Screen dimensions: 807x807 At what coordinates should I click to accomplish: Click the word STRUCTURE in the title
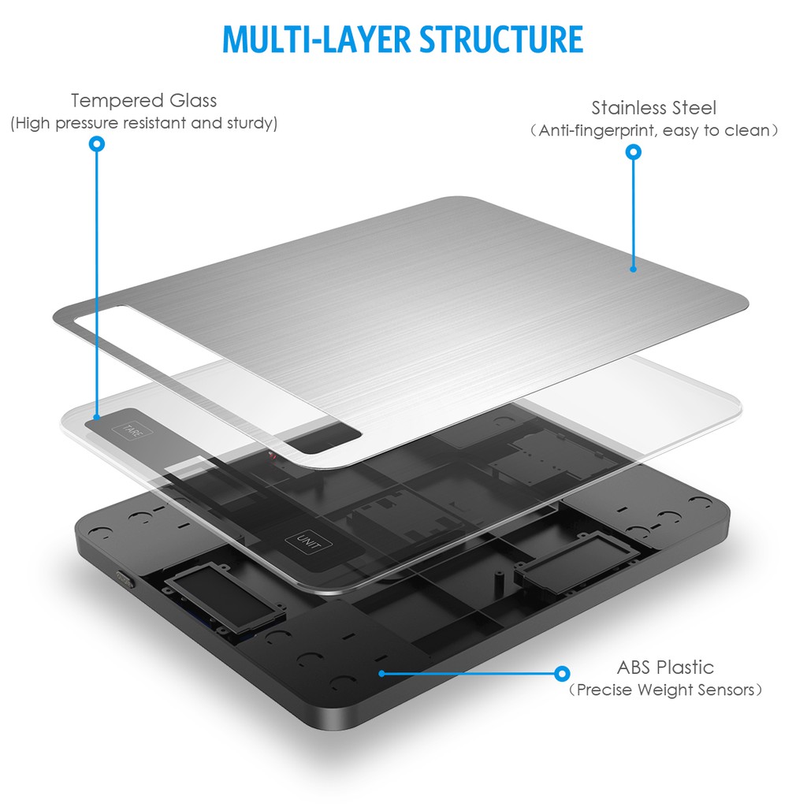coord(501,39)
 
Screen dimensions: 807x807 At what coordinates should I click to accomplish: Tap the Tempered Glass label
coord(143,100)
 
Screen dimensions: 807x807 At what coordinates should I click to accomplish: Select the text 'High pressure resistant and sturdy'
coord(143,123)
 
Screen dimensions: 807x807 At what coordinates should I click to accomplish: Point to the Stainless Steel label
coord(653,107)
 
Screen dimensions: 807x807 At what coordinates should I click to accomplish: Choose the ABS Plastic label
coord(665,667)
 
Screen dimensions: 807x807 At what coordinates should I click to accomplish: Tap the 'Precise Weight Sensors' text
coord(665,690)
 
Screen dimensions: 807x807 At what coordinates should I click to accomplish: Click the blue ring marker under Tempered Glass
coord(97,143)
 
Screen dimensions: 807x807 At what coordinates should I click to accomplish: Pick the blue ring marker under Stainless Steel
coord(634,152)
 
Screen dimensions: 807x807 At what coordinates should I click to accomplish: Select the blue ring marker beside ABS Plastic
coord(563,673)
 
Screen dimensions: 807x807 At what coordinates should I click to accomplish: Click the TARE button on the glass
coord(132,430)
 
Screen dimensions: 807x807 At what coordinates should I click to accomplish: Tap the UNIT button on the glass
coord(308,542)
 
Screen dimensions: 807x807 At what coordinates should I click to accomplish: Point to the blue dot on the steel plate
coord(634,269)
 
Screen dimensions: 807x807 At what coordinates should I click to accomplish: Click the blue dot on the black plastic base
coord(381,673)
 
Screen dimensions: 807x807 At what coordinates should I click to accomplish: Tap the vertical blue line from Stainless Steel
coord(634,213)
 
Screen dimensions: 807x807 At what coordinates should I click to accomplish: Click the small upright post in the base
coord(498,579)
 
